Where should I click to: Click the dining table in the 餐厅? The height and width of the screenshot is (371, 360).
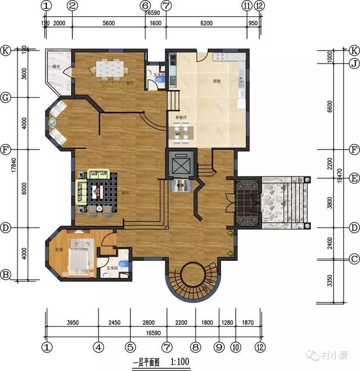click(111, 68)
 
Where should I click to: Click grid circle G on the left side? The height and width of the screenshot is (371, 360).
click(6, 97)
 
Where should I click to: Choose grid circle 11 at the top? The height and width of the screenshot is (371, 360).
click(246, 6)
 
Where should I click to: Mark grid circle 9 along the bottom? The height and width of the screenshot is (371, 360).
click(219, 347)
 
